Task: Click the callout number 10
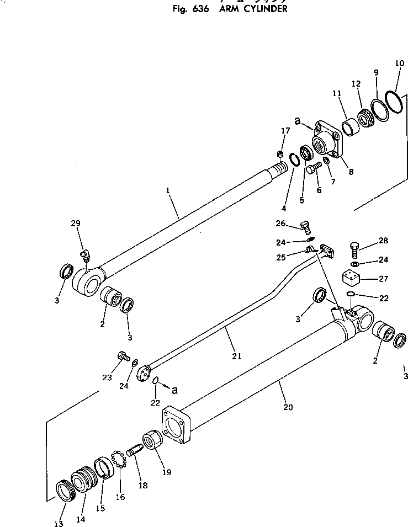399,63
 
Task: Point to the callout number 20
287,407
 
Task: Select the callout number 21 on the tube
237,356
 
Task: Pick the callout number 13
59,523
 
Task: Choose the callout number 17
285,131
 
